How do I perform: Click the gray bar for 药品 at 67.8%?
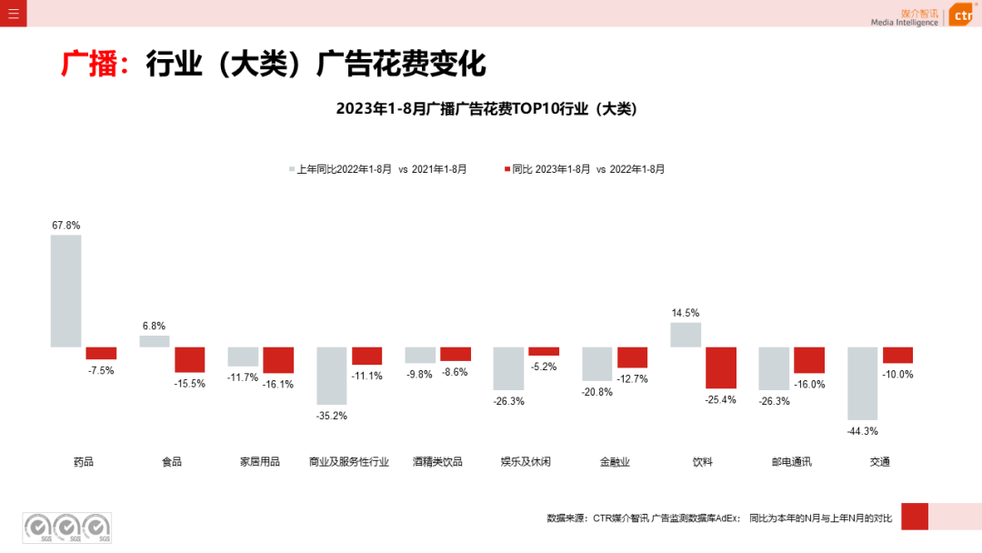tap(65, 291)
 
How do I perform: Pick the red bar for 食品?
tap(190, 359)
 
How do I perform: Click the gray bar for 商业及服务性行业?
tap(332, 376)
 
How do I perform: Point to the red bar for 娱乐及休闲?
tap(544, 351)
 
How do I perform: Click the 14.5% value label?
tap(686, 313)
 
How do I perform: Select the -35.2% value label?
tap(332, 416)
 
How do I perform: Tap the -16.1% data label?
tap(278, 385)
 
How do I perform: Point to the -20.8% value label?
tap(597, 392)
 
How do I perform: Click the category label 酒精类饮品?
tap(437, 462)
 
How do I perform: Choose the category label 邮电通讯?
tap(791, 462)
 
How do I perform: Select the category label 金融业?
tap(614, 462)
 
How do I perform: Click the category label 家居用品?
tap(260, 462)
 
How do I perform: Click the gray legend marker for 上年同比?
tap(292, 169)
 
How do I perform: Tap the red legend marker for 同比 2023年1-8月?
tap(507, 169)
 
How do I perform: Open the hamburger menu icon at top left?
tap(13, 13)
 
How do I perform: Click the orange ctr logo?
tap(963, 15)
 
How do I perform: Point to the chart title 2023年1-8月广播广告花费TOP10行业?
tap(486, 108)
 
